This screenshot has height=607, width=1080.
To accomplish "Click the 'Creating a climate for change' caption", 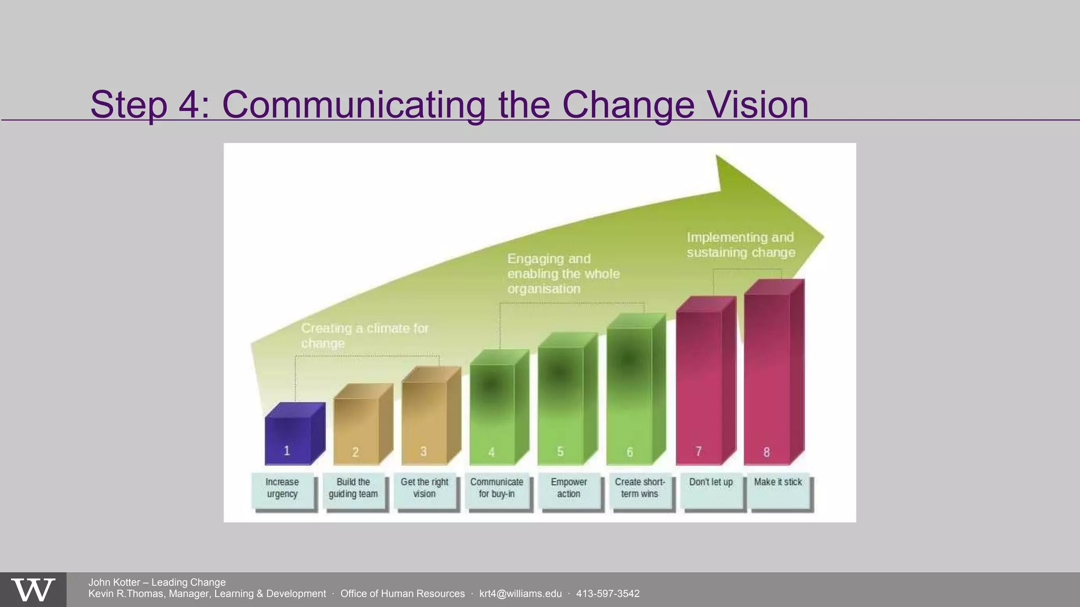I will tap(364, 336).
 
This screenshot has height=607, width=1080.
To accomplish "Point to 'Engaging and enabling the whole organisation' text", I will tap(563, 273).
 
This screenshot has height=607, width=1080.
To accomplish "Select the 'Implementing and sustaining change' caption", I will tap(740, 245).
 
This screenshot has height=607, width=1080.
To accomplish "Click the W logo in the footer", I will tap(33, 590).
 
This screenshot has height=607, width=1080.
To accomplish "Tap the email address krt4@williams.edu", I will tap(520, 594).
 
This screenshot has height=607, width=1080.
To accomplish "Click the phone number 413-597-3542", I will tap(607, 594).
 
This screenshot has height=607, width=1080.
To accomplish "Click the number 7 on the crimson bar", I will tap(698, 451).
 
